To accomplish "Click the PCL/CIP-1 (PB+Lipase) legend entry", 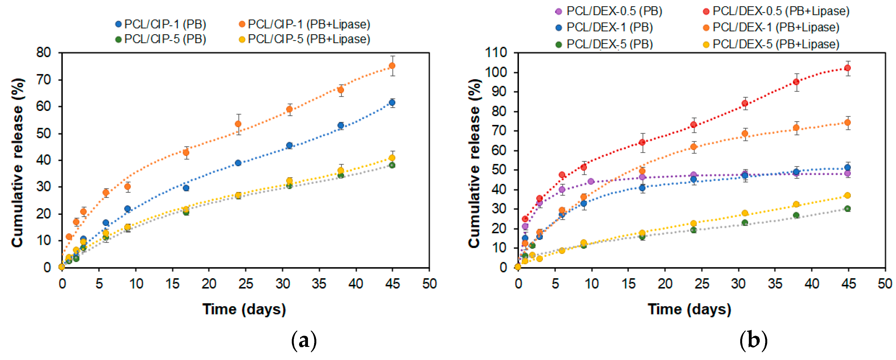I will tap(304, 24).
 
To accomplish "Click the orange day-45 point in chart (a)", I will tap(392, 66).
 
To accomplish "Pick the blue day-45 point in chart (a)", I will tap(392, 103).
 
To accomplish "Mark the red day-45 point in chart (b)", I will tap(848, 68).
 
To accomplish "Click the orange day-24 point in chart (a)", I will tap(238, 124).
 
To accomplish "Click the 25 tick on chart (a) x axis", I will tap(246, 284).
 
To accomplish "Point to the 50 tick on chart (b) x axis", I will tap(885, 284).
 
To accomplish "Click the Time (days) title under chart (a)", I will tap(244, 309).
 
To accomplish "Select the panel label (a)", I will tap(304, 340).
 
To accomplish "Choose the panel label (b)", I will tap(753, 340).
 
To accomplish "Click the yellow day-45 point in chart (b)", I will tap(848, 196).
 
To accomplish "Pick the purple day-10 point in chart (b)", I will tap(591, 182).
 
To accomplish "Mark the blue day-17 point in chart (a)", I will tap(186, 188).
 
